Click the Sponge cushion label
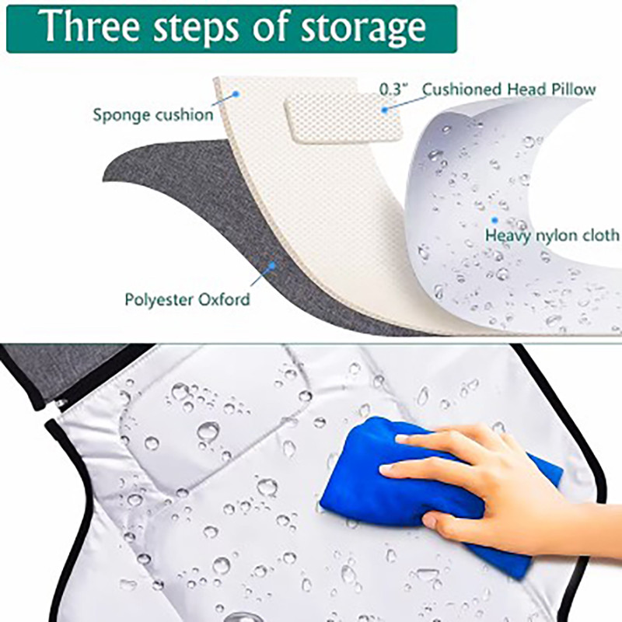[153, 115]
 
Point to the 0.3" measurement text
[393, 89]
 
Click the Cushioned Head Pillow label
[509, 89]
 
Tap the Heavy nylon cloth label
[552, 236]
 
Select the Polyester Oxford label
[187, 299]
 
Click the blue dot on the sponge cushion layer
[236, 94]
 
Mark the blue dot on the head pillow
[384, 110]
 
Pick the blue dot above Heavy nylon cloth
[494, 220]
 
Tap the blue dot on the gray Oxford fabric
[272, 264]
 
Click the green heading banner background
[232, 29]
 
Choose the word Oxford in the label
[224, 299]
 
